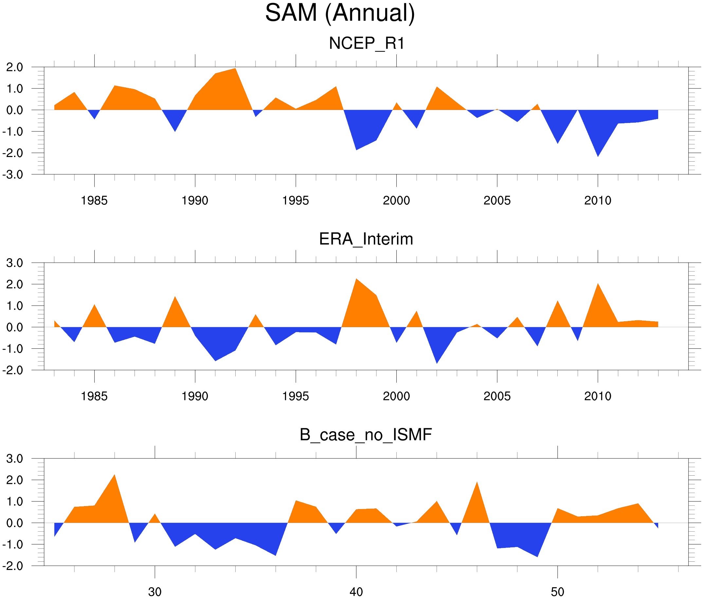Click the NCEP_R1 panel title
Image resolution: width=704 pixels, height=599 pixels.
pyautogui.click(x=367, y=44)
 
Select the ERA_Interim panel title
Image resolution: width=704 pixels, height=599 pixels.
pyautogui.click(x=366, y=239)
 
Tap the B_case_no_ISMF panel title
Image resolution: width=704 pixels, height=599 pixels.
pyautogui.click(x=366, y=435)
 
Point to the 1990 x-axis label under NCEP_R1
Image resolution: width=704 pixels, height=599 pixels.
pyautogui.click(x=195, y=201)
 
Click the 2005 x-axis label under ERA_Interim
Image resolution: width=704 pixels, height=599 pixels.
pyautogui.click(x=497, y=396)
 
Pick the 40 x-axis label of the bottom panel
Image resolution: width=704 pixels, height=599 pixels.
pyautogui.click(x=356, y=592)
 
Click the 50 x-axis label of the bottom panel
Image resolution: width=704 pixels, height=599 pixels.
pyautogui.click(x=557, y=592)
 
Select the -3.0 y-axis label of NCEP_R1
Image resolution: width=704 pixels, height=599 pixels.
pyautogui.click(x=12, y=175)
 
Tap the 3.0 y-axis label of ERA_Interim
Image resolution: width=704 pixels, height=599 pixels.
pyautogui.click(x=15, y=263)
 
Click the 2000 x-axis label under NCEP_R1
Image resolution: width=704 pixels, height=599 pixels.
pyautogui.click(x=396, y=201)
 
